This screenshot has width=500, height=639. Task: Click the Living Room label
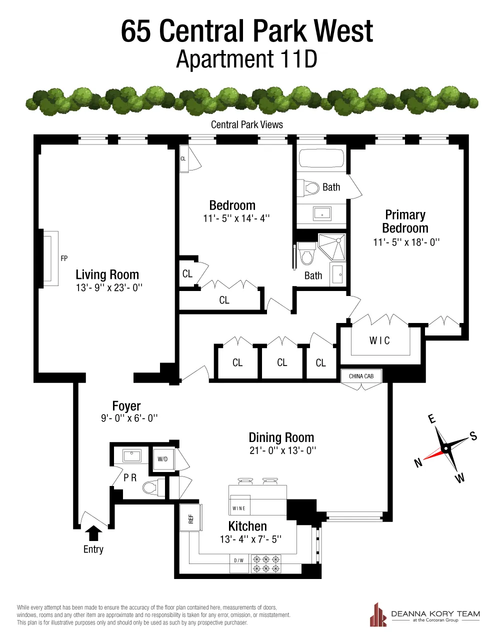(107, 274)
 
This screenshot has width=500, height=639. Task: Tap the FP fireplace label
(64, 258)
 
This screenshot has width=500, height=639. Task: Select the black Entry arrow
(93, 533)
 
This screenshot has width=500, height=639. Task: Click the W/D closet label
(162, 459)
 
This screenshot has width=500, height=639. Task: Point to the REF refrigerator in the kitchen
(191, 518)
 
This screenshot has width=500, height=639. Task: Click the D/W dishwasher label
(239, 560)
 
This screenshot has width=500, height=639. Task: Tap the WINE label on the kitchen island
(239, 508)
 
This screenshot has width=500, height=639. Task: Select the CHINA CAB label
(361, 376)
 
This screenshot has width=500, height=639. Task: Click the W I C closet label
(379, 340)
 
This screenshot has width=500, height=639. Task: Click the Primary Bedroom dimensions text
(406, 242)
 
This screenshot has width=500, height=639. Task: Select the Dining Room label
(281, 437)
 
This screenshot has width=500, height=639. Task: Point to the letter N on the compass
(418, 463)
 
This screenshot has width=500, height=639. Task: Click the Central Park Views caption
(247, 125)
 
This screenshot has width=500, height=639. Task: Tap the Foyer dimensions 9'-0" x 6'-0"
(129, 418)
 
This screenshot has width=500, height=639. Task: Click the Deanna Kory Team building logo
(378, 614)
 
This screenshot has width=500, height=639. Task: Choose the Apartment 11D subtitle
(247, 60)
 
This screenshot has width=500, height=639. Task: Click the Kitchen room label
(247, 526)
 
